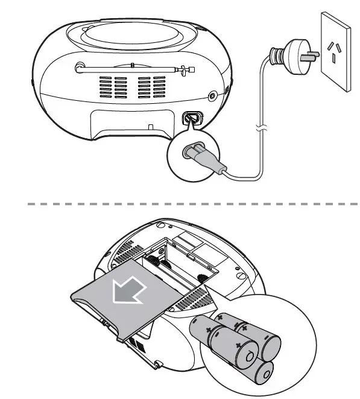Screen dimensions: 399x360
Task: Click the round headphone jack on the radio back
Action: (212, 96)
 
